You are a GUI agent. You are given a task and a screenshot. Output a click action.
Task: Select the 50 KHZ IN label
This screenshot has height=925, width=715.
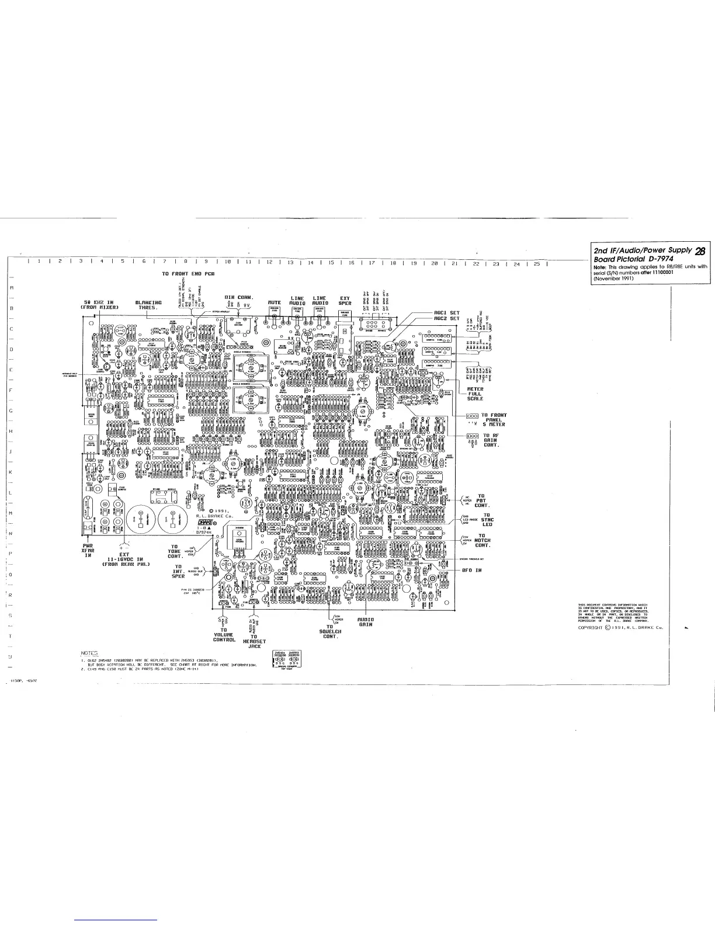click(100, 304)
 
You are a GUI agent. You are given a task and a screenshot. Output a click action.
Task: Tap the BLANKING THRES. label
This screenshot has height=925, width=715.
click(148, 304)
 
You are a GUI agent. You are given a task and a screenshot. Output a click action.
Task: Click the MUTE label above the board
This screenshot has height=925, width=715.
click(275, 302)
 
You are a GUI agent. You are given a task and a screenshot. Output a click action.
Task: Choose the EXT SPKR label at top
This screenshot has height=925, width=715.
click(345, 301)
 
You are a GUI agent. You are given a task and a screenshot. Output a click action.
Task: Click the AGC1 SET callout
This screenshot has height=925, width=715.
click(447, 312)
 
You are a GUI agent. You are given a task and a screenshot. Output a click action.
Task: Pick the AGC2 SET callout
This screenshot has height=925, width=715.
click(447, 319)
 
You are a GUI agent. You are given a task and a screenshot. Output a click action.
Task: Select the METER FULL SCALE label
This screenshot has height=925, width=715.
click(475, 394)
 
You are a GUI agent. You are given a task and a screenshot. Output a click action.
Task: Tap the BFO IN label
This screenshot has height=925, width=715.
click(471, 569)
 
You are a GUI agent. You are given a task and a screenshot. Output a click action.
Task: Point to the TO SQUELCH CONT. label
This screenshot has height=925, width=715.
click(330, 631)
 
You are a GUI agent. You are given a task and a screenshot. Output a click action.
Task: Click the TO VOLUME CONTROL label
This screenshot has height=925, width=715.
click(224, 635)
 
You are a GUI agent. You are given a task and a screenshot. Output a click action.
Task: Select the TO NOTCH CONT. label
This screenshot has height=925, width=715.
click(482, 540)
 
